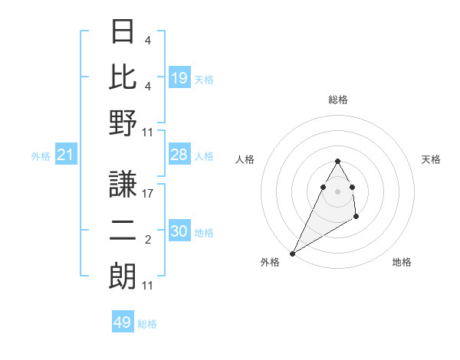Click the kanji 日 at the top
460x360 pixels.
tap(123, 31)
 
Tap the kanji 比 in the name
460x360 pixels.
tap(123, 77)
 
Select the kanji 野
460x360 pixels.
tap(123, 123)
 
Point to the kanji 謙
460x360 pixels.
tap(123, 184)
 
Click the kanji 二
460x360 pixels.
tap(123, 229)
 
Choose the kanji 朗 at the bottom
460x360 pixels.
tap(123, 276)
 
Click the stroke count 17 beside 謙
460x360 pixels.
tap(148, 194)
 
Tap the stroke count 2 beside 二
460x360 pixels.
tap(148, 240)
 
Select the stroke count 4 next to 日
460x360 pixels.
tap(148, 41)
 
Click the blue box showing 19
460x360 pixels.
tap(179, 78)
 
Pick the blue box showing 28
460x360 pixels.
tap(179, 155)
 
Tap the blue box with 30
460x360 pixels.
tap(179, 232)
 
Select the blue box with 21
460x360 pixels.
tap(66, 155)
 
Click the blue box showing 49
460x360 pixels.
tap(123, 322)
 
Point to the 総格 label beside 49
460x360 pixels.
tap(147, 324)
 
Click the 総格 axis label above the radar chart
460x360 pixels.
tap(337, 100)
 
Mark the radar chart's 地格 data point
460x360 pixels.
tap(356, 218)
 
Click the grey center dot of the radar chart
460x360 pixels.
tap(337, 191)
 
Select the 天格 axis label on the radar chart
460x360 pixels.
tap(432, 159)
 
